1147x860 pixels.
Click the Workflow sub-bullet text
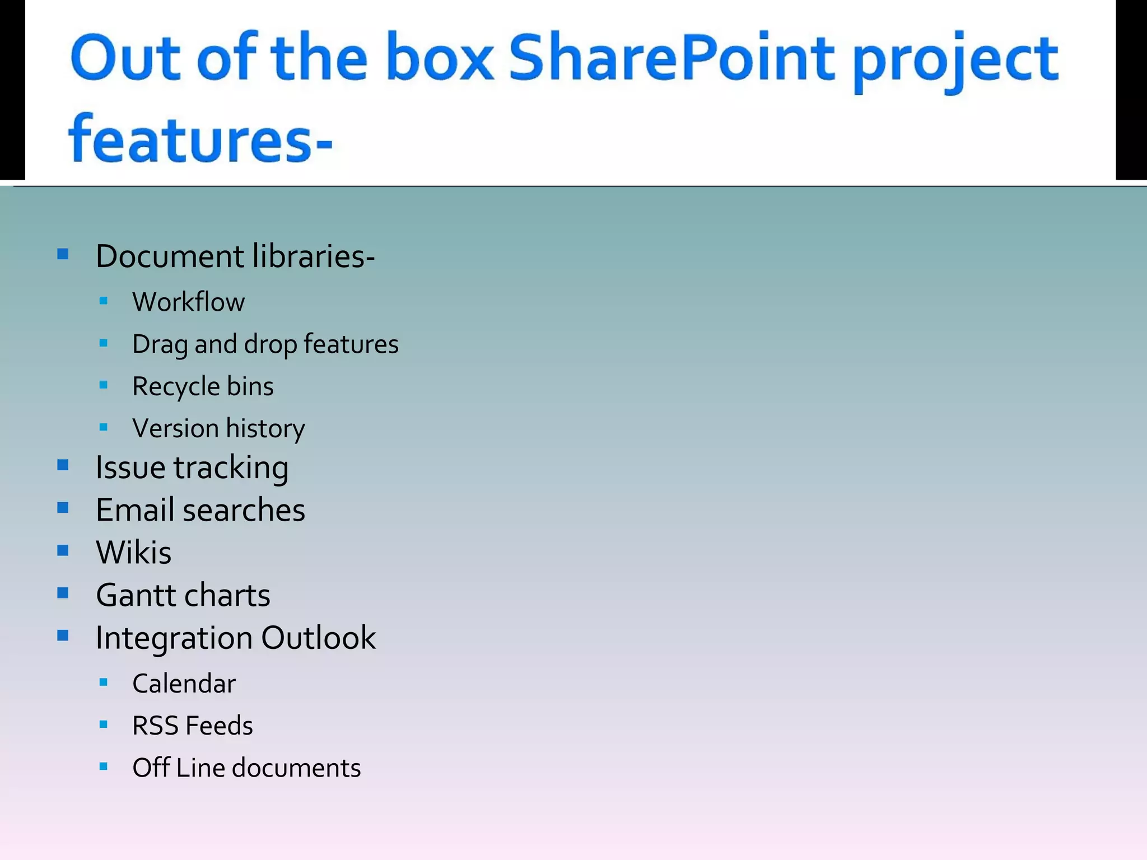[188, 302]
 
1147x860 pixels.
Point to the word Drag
[160, 345]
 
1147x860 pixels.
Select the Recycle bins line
[203, 387]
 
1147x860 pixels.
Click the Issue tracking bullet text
[192, 468]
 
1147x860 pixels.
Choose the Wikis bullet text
[133, 553]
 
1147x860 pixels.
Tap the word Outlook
[318, 638]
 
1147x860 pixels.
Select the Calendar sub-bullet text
[184, 684]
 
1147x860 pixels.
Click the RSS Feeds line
[192, 726]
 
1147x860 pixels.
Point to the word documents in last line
[296, 768]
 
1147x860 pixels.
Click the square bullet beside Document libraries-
[63, 255]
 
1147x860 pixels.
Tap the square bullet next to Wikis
[63, 550]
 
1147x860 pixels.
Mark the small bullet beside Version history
[103, 427]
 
